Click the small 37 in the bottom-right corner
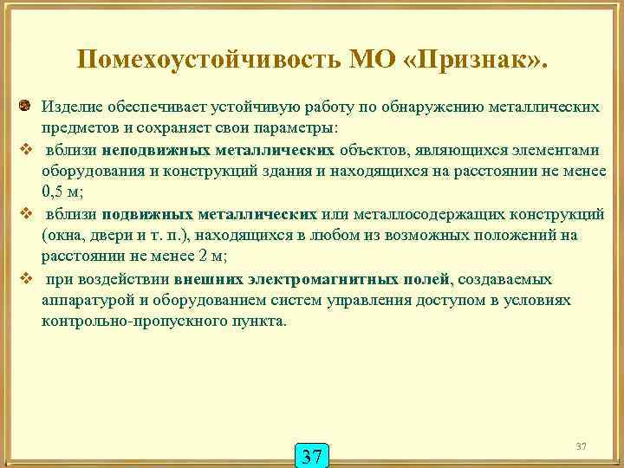click(581, 445)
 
